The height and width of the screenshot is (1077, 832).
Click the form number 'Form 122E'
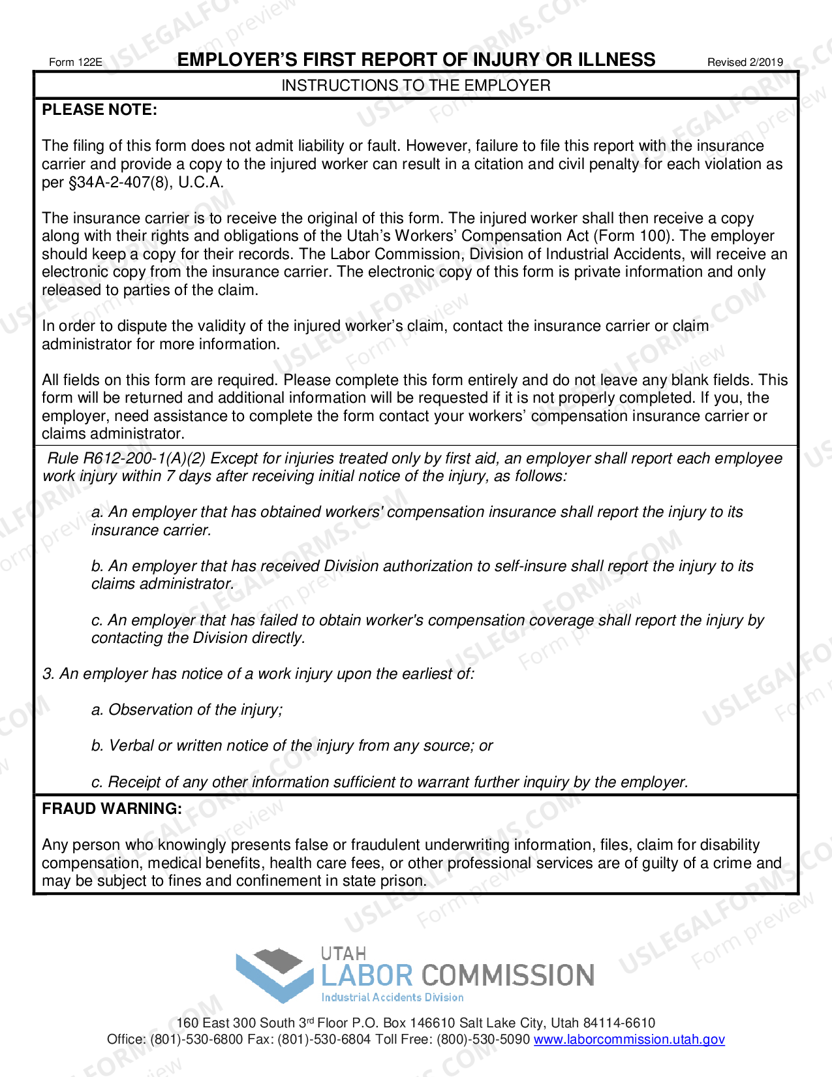click(76, 63)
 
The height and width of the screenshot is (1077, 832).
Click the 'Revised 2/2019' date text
click(745, 63)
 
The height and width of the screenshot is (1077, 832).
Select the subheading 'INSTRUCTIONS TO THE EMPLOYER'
click(416, 86)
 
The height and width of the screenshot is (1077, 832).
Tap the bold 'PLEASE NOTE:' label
click(99, 110)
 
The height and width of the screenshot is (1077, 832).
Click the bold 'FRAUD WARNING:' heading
click(112, 809)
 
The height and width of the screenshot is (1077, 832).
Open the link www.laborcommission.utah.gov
click(629, 1039)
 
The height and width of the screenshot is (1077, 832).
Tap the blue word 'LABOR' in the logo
click(367, 976)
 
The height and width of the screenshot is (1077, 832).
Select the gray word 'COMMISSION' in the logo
click(508, 976)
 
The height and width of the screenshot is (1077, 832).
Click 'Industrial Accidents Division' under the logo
click(392, 997)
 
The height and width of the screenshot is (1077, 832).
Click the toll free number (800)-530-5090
click(483, 1039)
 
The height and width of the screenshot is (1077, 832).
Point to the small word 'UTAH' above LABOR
click(343, 954)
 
